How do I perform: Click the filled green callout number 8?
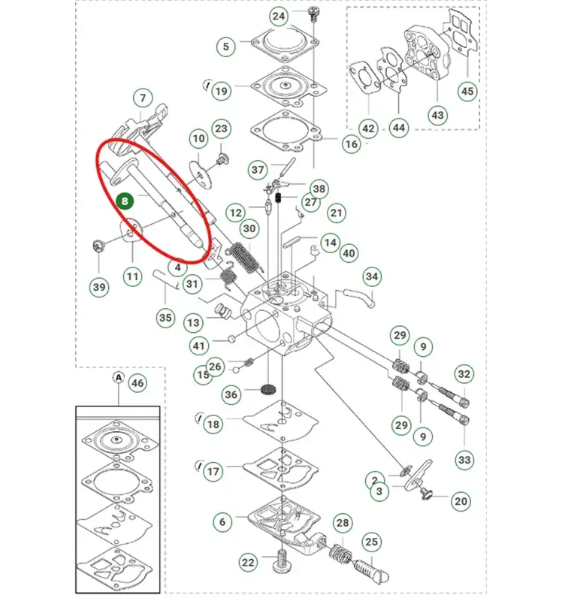[125, 201]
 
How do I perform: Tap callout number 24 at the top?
[279, 16]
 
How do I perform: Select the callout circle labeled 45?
[467, 91]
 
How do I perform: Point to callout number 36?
[231, 394]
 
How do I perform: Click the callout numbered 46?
[137, 382]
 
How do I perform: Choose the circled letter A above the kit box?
[119, 378]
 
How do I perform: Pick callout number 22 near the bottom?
[248, 562]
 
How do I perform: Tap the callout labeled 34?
[372, 276]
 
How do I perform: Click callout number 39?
[99, 287]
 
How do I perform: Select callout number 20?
[461, 501]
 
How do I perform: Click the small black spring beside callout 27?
[279, 198]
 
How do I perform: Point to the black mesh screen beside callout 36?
[268, 389]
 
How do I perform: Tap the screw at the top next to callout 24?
[313, 14]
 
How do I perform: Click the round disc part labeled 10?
[201, 174]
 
